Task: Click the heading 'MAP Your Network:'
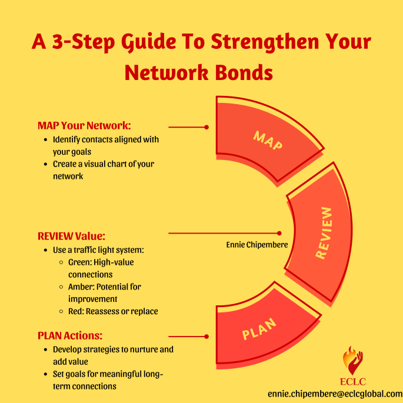pyautogui.click(x=84, y=126)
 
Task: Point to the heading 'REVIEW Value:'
pyautogui.click(x=71, y=236)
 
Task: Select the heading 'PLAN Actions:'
pyautogui.click(x=70, y=336)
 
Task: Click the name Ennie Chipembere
pyautogui.click(x=257, y=244)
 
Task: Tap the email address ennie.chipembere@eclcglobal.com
pyautogui.click(x=335, y=393)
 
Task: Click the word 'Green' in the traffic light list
pyautogui.click(x=78, y=262)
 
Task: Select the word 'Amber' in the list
pyautogui.click(x=79, y=287)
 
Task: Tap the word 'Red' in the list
pyautogui.click(x=75, y=311)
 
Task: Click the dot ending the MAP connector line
pyautogui.click(x=207, y=126)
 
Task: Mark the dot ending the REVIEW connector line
pyautogui.click(x=279, y=233)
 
